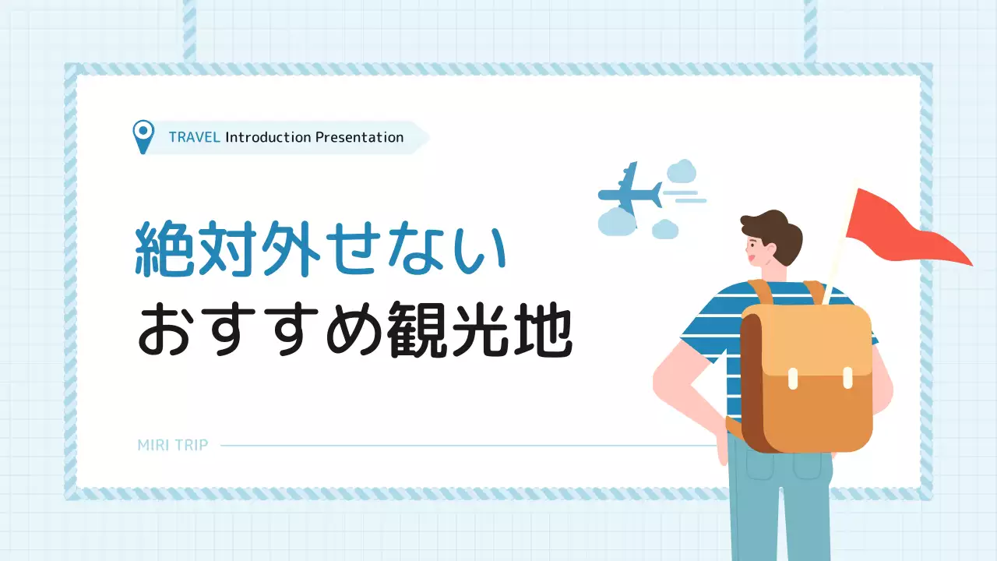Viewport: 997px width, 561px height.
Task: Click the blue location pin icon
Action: (x=143, y=136)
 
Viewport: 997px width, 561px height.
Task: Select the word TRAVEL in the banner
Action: (x=194, y=138)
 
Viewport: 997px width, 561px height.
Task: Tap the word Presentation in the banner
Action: (x=359, y=138)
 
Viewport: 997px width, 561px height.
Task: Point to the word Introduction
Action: (x=268, y=138)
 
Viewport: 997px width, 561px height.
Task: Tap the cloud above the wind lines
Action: (x=682, y=171)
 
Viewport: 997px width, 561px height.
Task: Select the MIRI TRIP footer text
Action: (x=172, y=446)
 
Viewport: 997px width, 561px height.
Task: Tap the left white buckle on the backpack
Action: (x=793, y=378)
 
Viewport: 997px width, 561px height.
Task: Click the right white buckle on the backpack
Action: (x=847, y=378)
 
